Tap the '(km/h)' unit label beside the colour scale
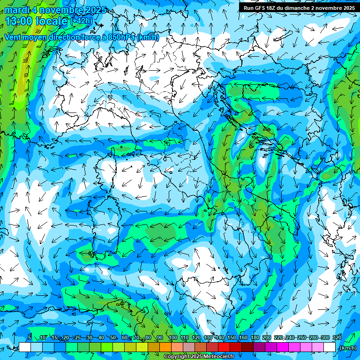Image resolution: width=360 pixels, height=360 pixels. point(347,348)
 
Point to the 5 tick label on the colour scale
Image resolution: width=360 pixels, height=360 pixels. point(30,338)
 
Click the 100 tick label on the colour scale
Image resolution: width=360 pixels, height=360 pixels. point(172,338)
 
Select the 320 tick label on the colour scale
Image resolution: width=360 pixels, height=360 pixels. point(337,338)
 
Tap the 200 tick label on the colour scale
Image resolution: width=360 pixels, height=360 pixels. point(266,338)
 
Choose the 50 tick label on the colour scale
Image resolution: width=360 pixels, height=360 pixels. point(113,338)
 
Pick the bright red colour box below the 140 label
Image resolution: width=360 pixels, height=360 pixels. point(225,347)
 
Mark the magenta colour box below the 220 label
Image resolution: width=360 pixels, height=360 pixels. point(283,347)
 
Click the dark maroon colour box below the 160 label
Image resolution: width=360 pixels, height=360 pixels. point(248,347)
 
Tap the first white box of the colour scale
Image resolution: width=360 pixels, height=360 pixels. point(25,347)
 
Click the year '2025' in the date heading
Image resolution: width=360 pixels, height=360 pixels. point(90,10)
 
